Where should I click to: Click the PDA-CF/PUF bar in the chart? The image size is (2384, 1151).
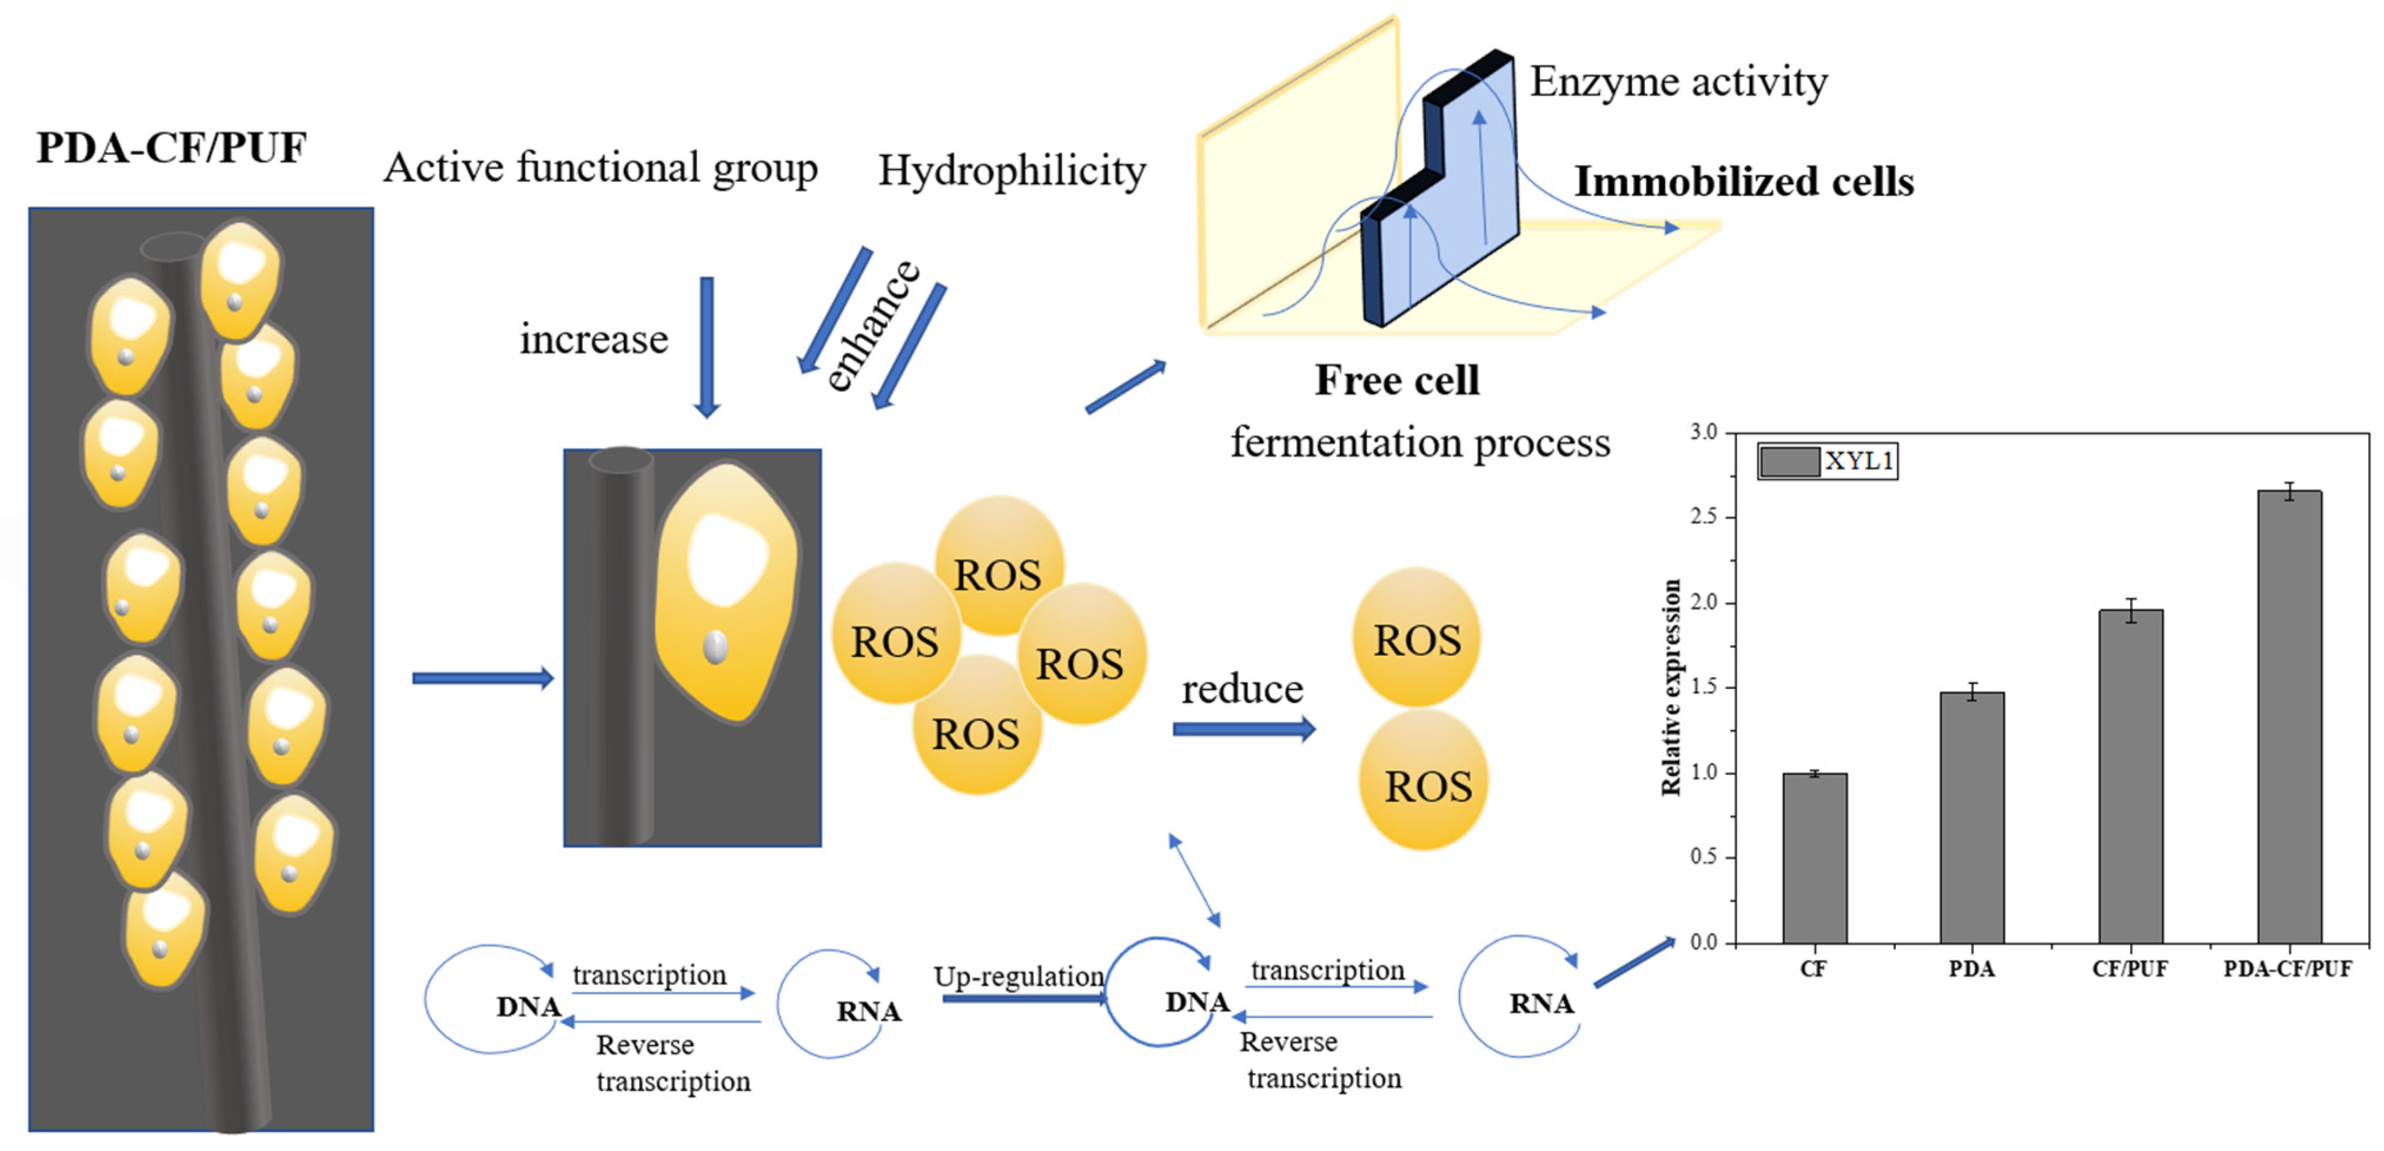click(2289, 717)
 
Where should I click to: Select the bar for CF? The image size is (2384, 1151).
click(1814, 858)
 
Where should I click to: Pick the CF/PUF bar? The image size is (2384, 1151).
click(2130, 777)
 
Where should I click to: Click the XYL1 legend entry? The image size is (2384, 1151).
click(1827, 461)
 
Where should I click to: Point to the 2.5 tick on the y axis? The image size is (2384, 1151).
click(1704, 517)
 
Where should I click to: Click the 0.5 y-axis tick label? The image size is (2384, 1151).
click(1704, 858)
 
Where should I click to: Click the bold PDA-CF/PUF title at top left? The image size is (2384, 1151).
click(171, 148)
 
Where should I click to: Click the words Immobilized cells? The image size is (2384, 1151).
click(1743, 181)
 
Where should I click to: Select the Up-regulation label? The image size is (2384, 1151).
click(1018, 976)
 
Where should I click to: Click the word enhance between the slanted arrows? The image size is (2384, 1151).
click(872, 326)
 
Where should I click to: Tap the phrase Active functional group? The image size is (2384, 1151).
click(601, 167)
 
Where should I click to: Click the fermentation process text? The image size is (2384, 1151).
click(1420, 442)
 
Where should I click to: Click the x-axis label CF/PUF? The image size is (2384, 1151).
click(2130, 968)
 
